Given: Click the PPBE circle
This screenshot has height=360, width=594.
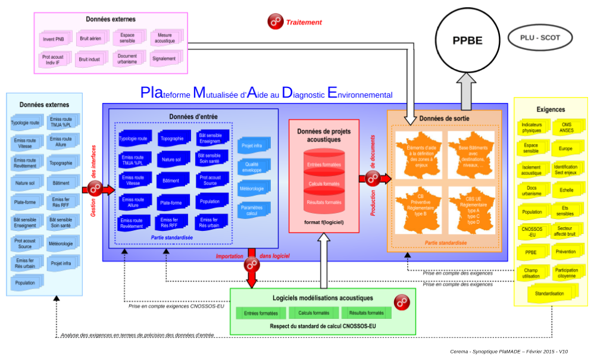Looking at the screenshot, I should [467, 40].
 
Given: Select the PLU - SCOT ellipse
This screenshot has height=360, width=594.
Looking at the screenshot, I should [540, 38].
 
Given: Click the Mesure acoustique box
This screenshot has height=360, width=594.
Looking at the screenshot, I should [164, 39].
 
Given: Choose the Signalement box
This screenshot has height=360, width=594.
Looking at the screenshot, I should [164, 59].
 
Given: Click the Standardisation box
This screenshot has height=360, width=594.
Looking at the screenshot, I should [549, 293].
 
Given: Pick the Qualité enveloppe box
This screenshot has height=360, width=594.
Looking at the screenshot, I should [252, 167].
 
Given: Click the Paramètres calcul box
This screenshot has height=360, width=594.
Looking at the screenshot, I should [252, 210].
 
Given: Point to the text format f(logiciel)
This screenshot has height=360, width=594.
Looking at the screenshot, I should [324, 221].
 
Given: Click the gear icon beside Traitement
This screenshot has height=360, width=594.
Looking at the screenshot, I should [275, 22].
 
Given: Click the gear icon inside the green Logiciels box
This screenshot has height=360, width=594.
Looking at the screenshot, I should [403, 301].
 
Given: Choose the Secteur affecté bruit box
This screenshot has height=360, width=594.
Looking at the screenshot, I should [565, 231].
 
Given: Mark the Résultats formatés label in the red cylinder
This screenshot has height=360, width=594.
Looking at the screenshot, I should [324, 202].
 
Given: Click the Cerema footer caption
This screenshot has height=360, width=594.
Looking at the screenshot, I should [509, 352].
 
